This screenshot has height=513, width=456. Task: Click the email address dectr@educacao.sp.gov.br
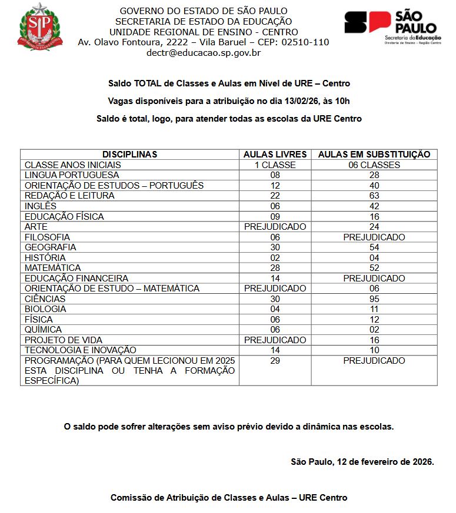pyautogui.click(x=204, y=52)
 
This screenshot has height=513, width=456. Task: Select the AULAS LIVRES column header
pyautogui.click(x=275, y=155)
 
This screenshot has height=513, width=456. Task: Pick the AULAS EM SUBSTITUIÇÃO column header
pyautogui.click(x=374, y=155)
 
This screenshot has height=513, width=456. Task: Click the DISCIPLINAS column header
pyautogui.click(x=129, y=155)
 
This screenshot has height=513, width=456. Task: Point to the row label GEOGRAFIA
pyautogui.click(x=51, y=247)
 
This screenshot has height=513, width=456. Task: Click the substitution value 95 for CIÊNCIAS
pyautogui.click(x=374, y=299)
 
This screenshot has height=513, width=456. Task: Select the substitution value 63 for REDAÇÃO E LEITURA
pyautogui.click(x=374, y=196)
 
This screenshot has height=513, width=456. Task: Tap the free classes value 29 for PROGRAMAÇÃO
pyautogui.click(x=275, y=361)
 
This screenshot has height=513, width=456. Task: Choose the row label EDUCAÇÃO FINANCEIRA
pyautogui.click(x=76, y=279)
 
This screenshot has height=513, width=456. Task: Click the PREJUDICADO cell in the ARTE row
pyautogui.click(x=275, y=227)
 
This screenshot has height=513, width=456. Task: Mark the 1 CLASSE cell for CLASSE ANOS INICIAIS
pyautogui.click(x=275, y=165)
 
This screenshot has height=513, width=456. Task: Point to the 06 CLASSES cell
pyautogui.click(x=374, y=165)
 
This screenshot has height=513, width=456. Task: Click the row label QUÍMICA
pyautogui.click(x=43, y=330)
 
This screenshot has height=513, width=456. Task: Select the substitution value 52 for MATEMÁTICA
pyautogui.click(x=374, y=268)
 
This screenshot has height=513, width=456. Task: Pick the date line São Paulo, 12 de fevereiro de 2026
pyautogui.click(x=362, y=462)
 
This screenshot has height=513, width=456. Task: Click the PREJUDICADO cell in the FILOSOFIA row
pyautogui.click(x=374, y=237)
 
